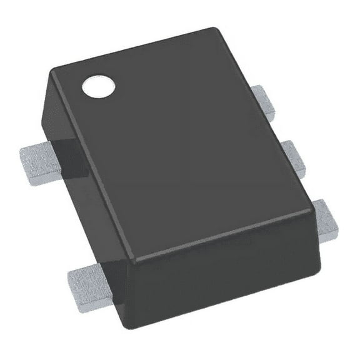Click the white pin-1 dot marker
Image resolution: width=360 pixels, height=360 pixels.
[x=99, y=86]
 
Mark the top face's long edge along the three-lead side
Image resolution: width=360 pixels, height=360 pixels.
[x=262, y=119]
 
